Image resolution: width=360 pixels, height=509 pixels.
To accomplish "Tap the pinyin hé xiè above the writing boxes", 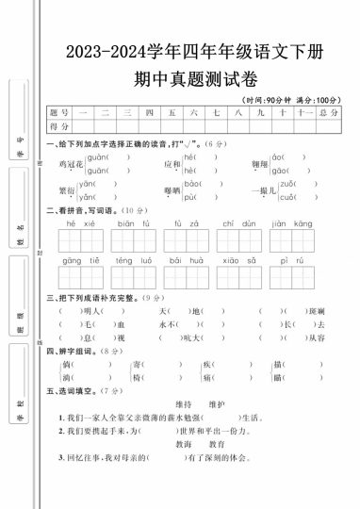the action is point(82,223).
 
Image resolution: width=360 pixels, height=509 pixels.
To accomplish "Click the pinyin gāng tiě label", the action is point(82,259).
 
